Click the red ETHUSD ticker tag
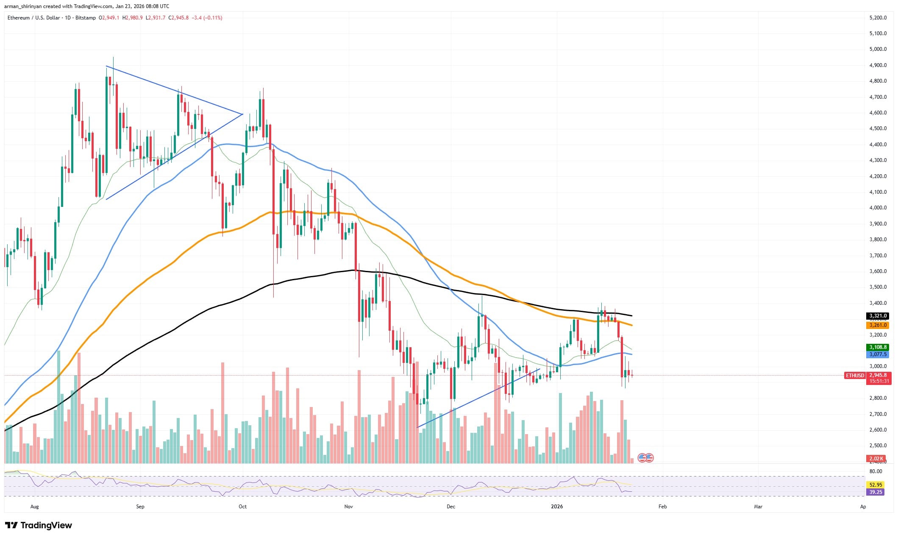click(x=855, y=376)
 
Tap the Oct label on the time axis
click(x=242, y=507)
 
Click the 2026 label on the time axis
click(x=557, y=507)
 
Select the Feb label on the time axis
click(x=662, y=507)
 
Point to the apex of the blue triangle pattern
click(x=242, y=114)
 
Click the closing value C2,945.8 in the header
click(x=178, y=18)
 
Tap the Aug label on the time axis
click(x=35, y=507)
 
